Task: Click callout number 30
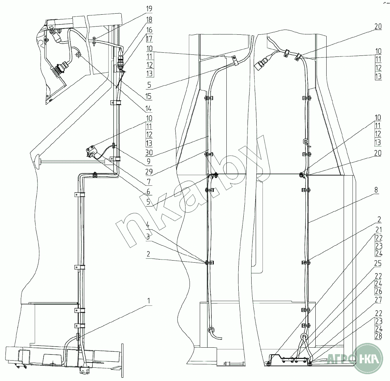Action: (149, 152)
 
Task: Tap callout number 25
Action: (378, 263)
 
